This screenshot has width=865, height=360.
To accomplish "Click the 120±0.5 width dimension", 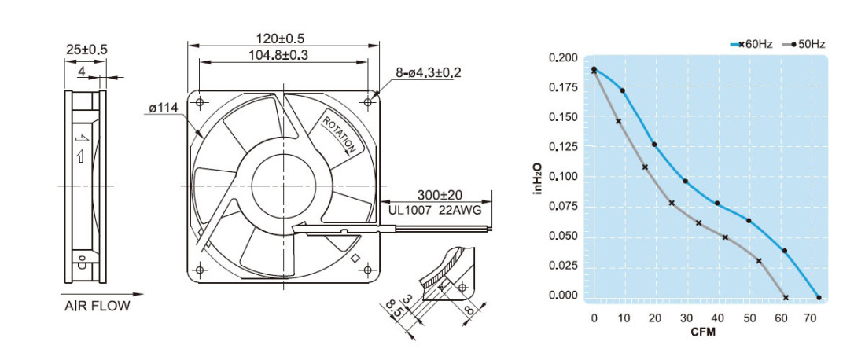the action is click(280, 39).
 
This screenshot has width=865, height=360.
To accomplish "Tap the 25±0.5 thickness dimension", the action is click(86, 50).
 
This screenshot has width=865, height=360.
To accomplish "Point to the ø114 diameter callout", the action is click(163, 108).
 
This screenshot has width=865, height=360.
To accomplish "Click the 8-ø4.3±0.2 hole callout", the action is click(428, 72).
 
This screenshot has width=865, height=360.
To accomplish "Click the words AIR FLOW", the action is click(97, 307).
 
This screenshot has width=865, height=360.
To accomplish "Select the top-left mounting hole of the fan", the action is click(200, 102).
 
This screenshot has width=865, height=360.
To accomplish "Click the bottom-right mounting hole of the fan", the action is click(367, 270).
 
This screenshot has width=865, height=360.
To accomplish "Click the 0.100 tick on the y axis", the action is click(563, 176).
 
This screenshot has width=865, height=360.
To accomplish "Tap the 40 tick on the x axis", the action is click(718, 318).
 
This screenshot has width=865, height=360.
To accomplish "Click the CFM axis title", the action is click(703, 332).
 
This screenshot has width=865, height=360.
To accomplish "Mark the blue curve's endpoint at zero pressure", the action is click(819, 298).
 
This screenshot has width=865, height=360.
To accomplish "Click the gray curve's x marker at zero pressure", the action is click(786, 298).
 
